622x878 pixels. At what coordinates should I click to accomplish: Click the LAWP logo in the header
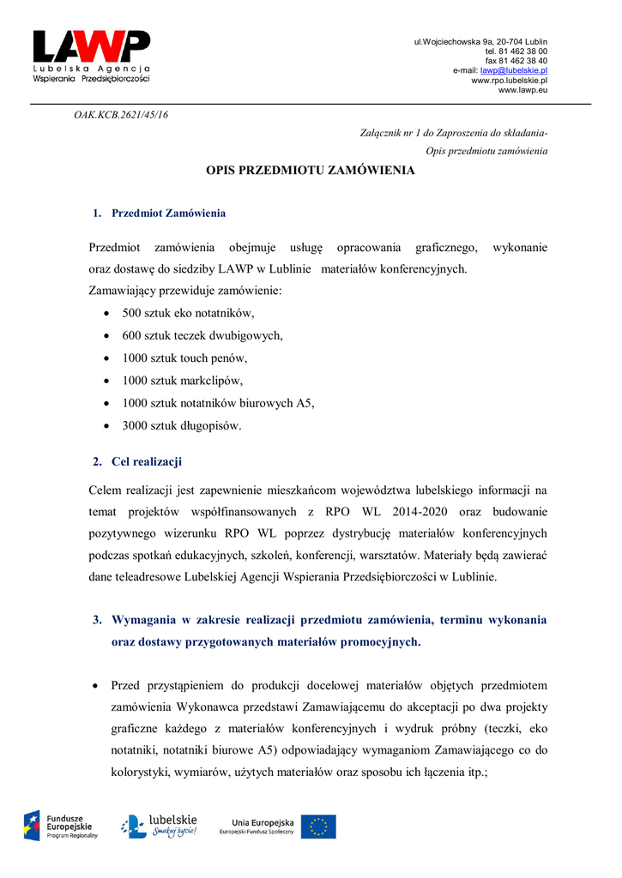(91, 56)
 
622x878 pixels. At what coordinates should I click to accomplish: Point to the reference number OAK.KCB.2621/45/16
(121, 115)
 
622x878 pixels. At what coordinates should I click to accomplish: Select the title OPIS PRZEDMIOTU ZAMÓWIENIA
(311, 171)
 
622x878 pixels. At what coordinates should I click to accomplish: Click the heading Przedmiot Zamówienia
(168, 213)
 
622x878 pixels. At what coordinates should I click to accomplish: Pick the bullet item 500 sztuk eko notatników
(188, 313)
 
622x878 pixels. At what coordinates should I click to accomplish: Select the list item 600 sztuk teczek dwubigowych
(202, 335)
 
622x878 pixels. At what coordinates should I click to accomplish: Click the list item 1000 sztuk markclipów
(183, 380)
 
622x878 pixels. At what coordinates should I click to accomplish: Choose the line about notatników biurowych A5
(218, 402)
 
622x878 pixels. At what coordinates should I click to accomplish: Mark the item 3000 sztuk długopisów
(182, 424)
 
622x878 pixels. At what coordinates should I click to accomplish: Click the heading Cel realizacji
(147, 462)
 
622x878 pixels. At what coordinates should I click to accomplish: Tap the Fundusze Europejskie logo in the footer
(61, 826)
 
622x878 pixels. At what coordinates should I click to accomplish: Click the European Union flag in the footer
(318, 827)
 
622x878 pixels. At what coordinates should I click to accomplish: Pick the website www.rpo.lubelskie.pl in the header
(510, 80)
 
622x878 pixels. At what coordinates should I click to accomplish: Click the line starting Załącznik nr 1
(453, 134)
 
